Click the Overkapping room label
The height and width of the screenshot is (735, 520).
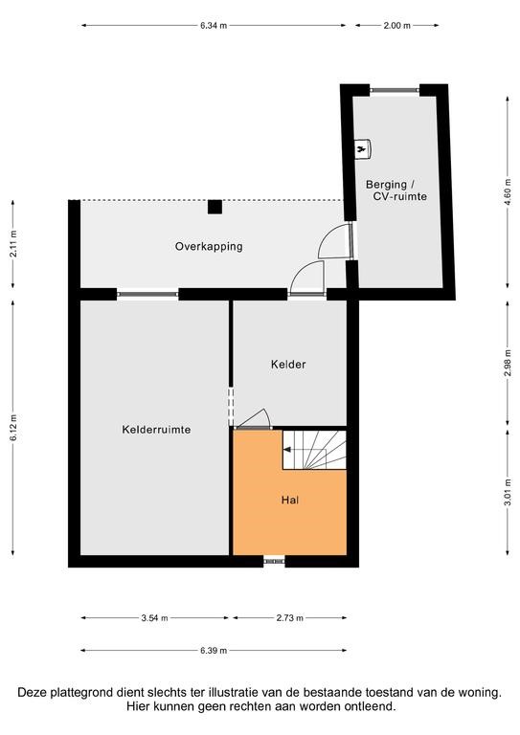pyautogui.click(x=209, y=247)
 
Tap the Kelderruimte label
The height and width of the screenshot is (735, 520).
pyautogui.click(x=156, y=430)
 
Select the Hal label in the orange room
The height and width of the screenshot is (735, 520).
pyautogui.click(x=290, y=501)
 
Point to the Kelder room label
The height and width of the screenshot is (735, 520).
pyautogui.click(x=288, y=365)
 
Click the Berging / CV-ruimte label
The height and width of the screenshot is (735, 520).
pyautogui.click(x=396, y=190)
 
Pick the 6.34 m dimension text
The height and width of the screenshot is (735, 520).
pyautogui.click(x=214, y=26)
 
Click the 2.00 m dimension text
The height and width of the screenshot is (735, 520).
pyautogui.click(x=396, y=26)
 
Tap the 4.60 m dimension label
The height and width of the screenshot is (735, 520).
pyautogui.click(x=508, y=191)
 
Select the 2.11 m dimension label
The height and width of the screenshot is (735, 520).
pyautogui.click(x=13, y=244)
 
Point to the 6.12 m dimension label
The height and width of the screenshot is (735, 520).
pyautogui.click(x=13, y=427)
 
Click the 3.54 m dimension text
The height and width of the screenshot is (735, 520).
pyautogui.click(x=154, y=618)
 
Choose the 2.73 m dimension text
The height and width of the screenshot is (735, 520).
pyautogui.click(x=290, y=618)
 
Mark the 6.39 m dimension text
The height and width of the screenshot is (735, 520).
pyautogui.click(x=214, y=651)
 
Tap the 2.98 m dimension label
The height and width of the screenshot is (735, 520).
pyautogui.click(x=508, y=364)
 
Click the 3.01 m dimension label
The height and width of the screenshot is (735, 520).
pyautogui.click(x=508, y=492)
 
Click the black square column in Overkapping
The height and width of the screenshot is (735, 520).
pyautogui.click(x=215, y=207)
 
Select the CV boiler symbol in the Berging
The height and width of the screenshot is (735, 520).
pyautogui.click(x=362, y=149)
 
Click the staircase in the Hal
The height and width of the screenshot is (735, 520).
pyautogui.click(x=314, y=450)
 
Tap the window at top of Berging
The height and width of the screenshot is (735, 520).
pyautogui.click(x=395, y=90)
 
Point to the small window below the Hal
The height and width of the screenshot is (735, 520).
pyautogui.click(x=274, y=560)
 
